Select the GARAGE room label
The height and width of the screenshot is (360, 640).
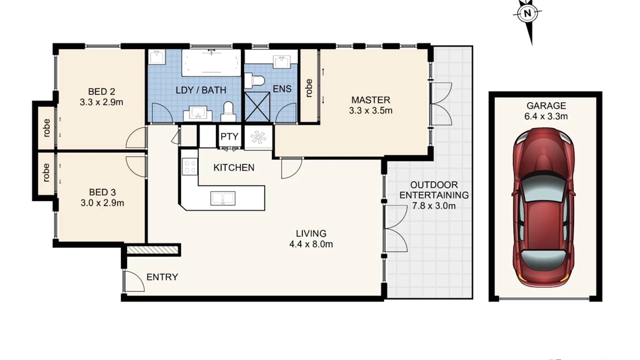546,106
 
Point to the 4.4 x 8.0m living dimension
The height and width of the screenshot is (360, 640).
311,244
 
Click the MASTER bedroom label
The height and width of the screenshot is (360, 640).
370,100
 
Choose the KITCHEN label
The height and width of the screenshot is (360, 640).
234,167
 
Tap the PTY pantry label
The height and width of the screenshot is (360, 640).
229,136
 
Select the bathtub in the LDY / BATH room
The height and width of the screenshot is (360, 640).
212,62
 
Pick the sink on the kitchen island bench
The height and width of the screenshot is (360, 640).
223,198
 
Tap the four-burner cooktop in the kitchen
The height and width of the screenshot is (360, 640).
190,166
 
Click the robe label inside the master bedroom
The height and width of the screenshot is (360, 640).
309,88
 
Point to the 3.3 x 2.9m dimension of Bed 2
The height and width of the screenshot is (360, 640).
101,102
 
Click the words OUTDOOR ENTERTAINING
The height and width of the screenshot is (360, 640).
434,190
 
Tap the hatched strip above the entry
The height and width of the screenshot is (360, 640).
152,249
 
